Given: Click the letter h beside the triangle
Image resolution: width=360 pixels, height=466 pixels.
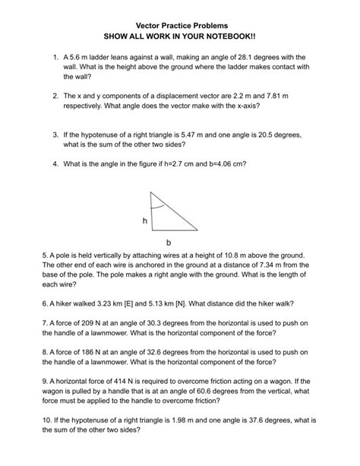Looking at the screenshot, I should (x=143, y=221).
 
